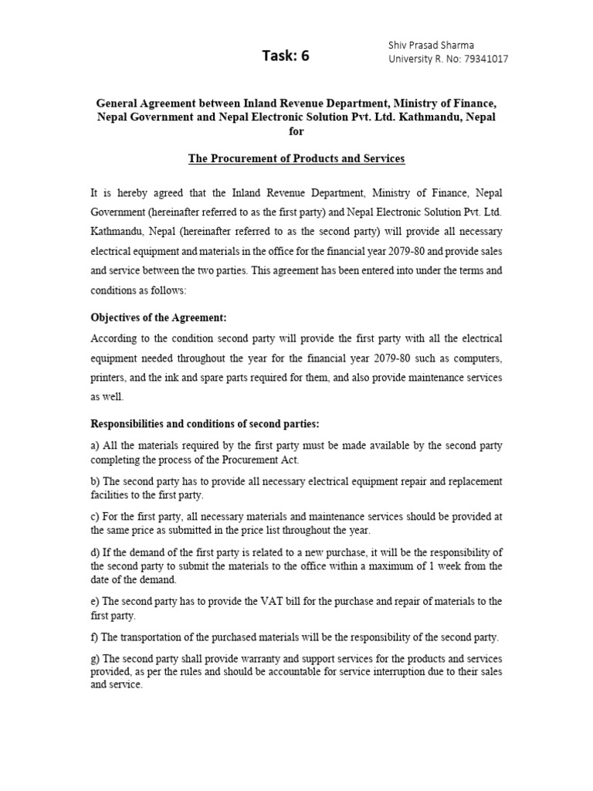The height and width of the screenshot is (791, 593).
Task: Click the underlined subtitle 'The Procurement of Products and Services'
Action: [x=296, y=158]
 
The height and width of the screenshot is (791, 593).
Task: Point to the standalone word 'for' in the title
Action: [x=296, y=131]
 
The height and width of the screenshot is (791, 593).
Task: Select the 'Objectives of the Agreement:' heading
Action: [x=159, y=317]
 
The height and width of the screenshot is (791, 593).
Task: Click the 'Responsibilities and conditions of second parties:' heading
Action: [x=205, y=424]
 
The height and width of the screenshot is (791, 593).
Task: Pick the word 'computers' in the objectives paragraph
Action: [x=478, y=359]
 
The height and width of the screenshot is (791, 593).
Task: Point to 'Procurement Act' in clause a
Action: [x=257, y=460]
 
